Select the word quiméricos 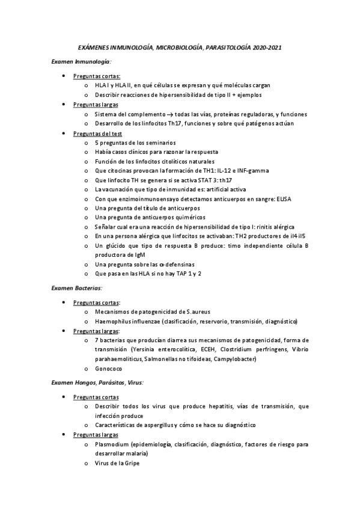[185, 217]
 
